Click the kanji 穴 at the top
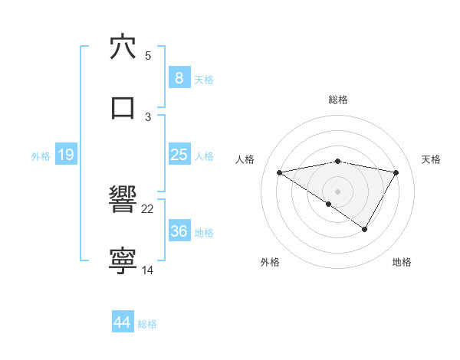pyautogui.click(x=123, y=47)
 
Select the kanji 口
pyautogui.click(x=123, y=106)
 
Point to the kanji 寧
pyautogui.click(x=123, y=261)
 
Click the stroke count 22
pyautogui.click(x=148, y=208)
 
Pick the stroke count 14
pyautogui.click(x=148, y=270)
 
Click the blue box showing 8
pyautogui.click(x=179, y=78)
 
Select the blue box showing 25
pyautogui.click(x=179, y=155)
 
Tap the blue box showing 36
pyautogui.click(x=179, y=231)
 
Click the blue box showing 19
pyautogui.click(x=65, y=155)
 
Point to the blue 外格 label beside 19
pyautogui.click(x=41, y=155)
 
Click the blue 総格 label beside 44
pyautogui.click(x=147, y=324)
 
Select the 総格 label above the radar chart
pyautogui.click(x=338, y=100)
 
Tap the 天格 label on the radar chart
pyautogui.click(x=432, y=159)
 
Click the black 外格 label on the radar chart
pyautogui.click(x=270, y=262)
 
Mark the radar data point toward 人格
pyautogui.click(x=280, y=172)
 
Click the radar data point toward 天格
pyautogui.click(x=396, y=172)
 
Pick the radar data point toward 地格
pyautogui.click(x=365, y=229)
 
